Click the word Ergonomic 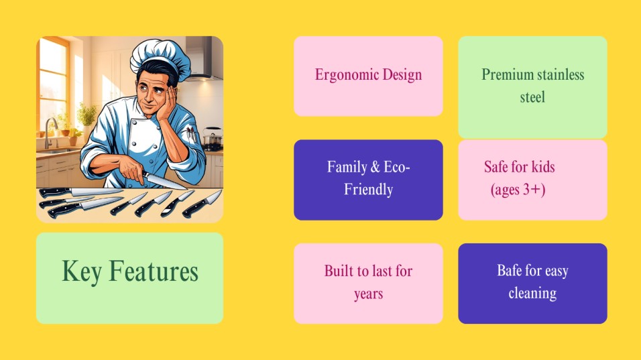tap(347, 75)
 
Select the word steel tap(532, 97)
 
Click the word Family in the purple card tap(347, 167)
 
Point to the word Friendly tap(368, 190)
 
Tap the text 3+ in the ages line tap(531, 190)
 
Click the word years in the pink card tap(368, 294)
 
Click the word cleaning tap(532, 294)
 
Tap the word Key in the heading tap(81, 272)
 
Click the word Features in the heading tap(154, 271)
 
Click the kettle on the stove tap(213, 137)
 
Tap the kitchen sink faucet tap(50, 131)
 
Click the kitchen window tap(53, 84)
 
